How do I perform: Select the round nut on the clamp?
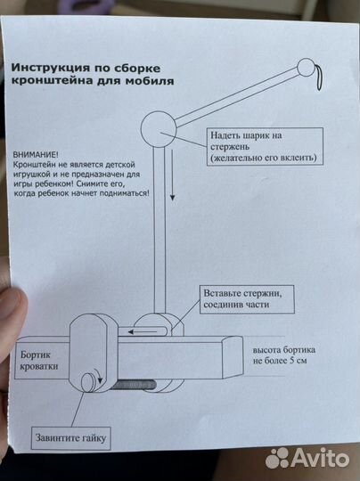89,382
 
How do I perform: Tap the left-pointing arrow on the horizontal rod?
139,332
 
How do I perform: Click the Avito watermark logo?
308,457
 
